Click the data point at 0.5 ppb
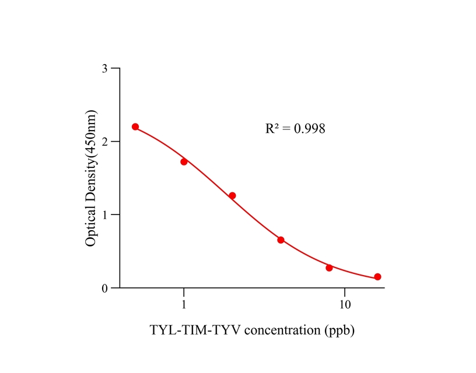pos(135,126)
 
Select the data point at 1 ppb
pos(184,161)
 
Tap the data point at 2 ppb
pos(232,196)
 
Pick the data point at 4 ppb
pos(281,240)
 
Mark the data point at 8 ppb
pos(329,268)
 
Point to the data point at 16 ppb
pos(377,277)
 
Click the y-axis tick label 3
pos(105,69)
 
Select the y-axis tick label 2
pos(105,142)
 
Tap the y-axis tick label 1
pos(105,215)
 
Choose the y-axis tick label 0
pos(105,288)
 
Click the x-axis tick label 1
pos(184,305)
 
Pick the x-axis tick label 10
pos(345,305)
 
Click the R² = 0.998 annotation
pos(295,129)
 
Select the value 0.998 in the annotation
pos(309,129)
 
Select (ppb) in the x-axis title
pos(339,330)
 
